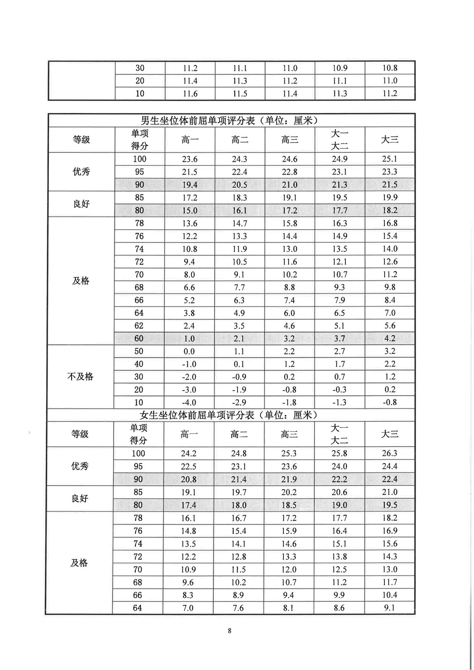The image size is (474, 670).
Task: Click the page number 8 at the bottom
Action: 230,631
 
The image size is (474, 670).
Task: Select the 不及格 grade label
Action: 80,377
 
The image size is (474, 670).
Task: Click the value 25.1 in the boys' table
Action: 390,159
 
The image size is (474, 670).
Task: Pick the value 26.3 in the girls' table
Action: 390,453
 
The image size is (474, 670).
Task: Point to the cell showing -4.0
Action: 189,402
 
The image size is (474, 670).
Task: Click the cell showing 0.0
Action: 189,351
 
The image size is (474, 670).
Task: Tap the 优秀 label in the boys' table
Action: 81,172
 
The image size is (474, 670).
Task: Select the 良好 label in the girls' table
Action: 80,498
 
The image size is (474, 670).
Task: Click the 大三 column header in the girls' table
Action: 390,434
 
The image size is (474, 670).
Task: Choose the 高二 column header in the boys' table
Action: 240,140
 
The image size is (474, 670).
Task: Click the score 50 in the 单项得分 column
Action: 139,351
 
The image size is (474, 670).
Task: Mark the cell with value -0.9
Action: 239,377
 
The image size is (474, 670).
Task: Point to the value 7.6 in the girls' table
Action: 238,608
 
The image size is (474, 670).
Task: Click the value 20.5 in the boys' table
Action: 239,185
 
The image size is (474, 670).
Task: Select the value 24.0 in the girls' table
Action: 339,466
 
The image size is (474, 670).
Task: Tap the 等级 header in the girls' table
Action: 80,434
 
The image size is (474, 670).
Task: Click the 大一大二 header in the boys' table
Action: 340,140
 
